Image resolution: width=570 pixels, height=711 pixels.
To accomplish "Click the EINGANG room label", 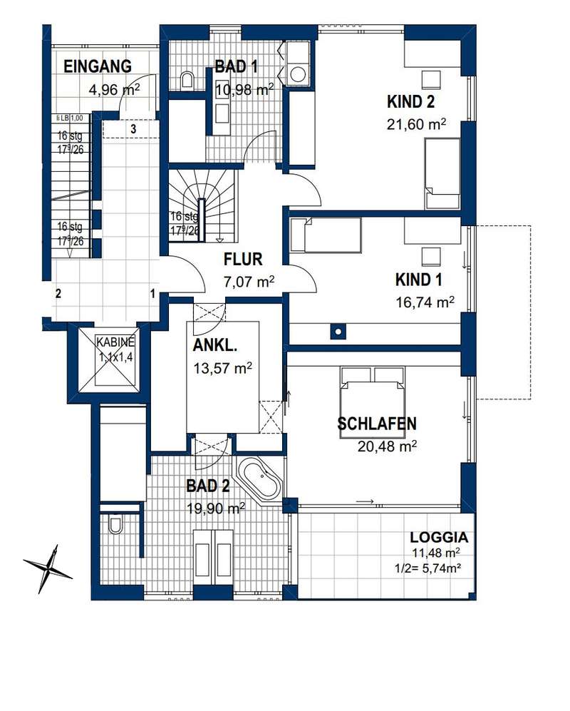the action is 98,66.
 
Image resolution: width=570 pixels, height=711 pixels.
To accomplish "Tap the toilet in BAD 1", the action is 187,81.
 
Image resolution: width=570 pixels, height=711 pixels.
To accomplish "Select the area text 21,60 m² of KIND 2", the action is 416,124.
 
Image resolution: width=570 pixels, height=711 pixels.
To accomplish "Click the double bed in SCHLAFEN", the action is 372,403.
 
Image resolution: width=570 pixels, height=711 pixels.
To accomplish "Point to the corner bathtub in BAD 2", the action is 260,481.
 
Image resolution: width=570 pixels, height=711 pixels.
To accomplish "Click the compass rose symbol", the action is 48,568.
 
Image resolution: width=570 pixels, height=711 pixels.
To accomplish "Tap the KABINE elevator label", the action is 115,342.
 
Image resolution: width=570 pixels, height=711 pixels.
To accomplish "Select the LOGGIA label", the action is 439,537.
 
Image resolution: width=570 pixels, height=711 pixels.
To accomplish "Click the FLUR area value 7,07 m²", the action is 249,282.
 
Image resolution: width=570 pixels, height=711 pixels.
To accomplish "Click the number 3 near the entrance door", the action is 133,129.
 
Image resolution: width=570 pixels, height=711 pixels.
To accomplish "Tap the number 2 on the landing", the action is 58,293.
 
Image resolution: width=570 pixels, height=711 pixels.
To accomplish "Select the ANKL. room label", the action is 214,346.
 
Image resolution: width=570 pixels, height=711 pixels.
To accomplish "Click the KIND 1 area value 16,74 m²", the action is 425,302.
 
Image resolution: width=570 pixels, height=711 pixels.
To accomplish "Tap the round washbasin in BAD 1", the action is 298,74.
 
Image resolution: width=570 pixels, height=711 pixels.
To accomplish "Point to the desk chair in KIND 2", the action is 431,80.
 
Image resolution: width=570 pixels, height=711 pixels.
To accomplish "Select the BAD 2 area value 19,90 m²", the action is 216,508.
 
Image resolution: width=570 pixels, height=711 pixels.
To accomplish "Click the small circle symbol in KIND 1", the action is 338,332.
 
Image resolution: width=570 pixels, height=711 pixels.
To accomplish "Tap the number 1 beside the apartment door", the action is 152,294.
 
